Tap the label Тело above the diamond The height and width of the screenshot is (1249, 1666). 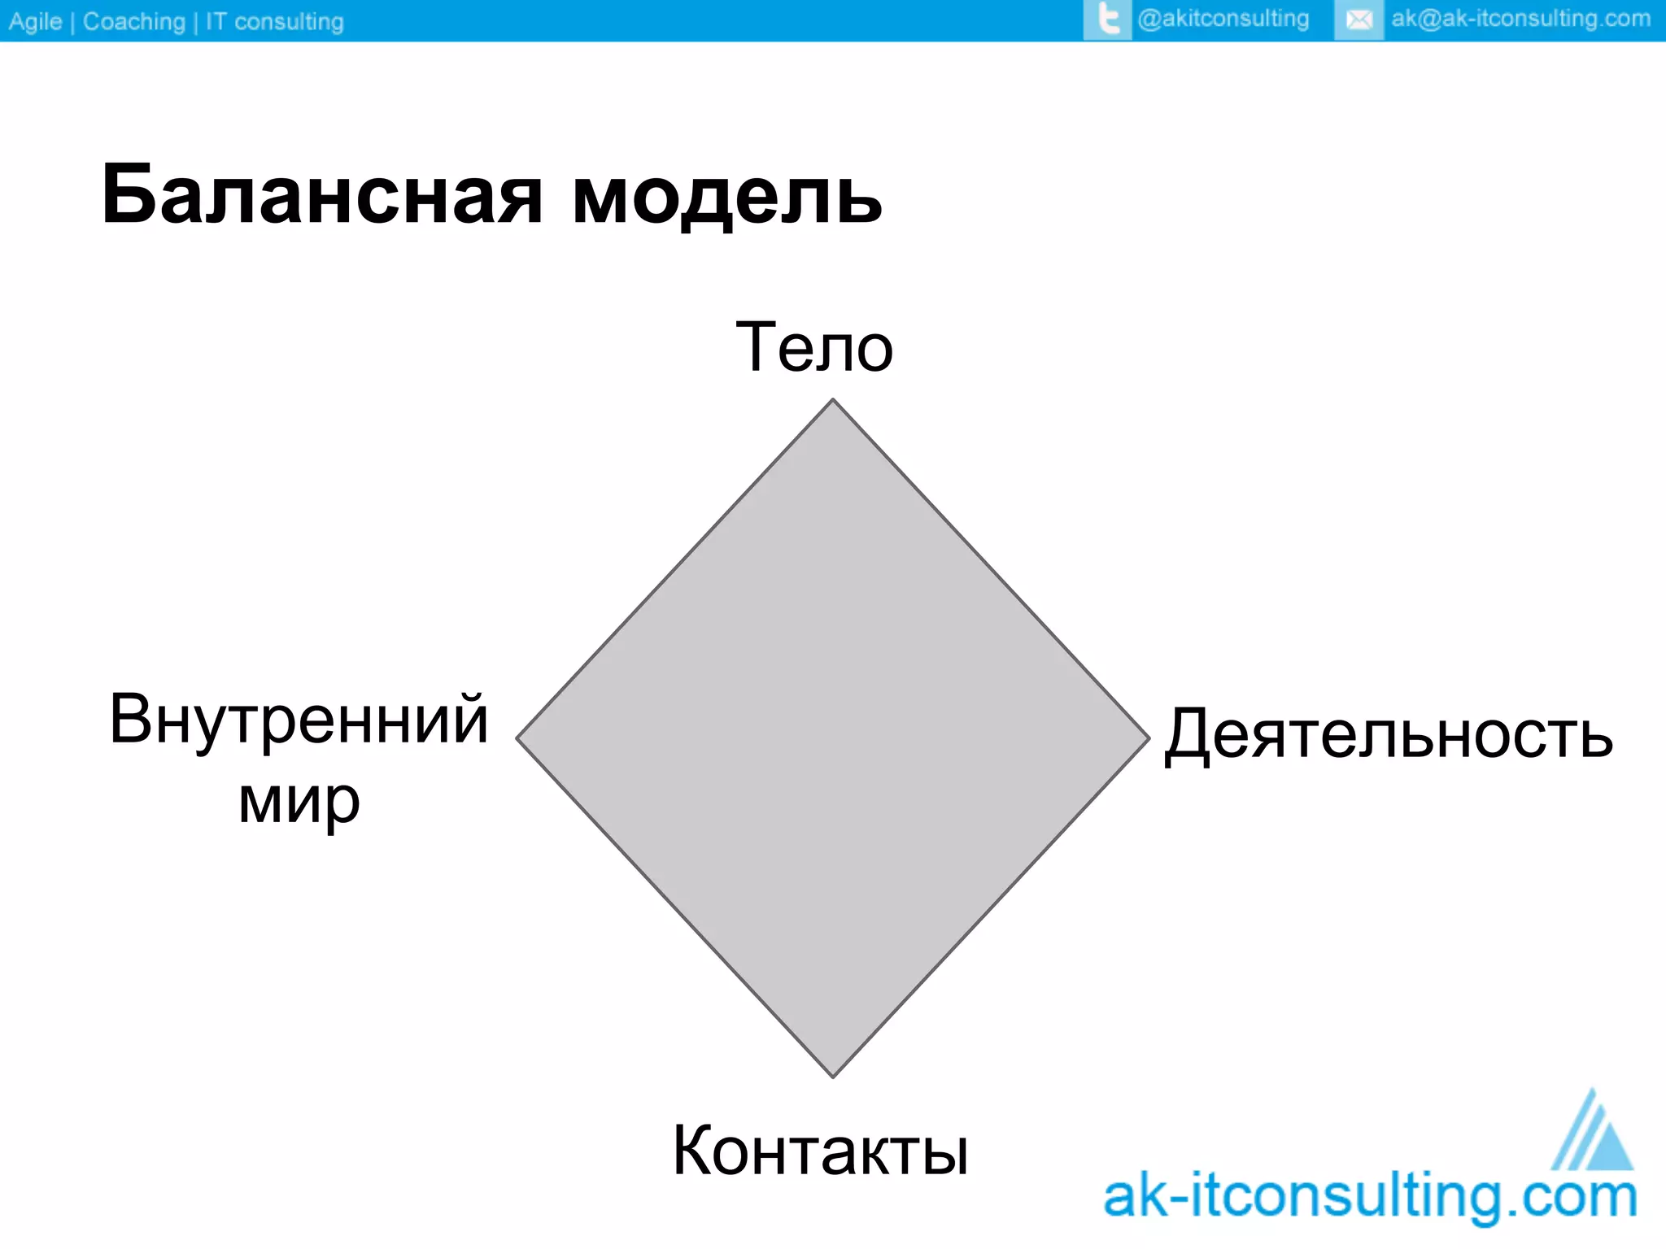coord(814,348)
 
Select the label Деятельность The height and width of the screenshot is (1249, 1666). coord(1389,734)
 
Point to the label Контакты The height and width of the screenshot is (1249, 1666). coord(820,1151)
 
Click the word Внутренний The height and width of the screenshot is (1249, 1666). coord(299,719)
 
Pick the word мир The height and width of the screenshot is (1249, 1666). coord(299,801)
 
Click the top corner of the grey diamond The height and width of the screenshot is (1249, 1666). coord(832,401)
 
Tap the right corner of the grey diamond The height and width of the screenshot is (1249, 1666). coord(1147,738)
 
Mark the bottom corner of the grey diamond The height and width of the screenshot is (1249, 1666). coord(833,1076)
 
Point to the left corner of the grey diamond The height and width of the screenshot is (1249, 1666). coord(519,738)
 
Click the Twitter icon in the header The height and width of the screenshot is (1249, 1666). coord(1107,20)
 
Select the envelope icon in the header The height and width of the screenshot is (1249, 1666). coord(1358,20)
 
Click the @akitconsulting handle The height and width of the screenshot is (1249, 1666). coord(1223,19)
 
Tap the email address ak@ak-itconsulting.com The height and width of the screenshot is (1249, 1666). coord(1520,19)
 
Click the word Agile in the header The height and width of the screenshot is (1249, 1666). coord(35,21)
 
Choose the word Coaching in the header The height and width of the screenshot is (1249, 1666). coord(134,21)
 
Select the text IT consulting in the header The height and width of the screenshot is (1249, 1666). coord(274,21)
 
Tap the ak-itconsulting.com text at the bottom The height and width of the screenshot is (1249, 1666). coord(1370,1197)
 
